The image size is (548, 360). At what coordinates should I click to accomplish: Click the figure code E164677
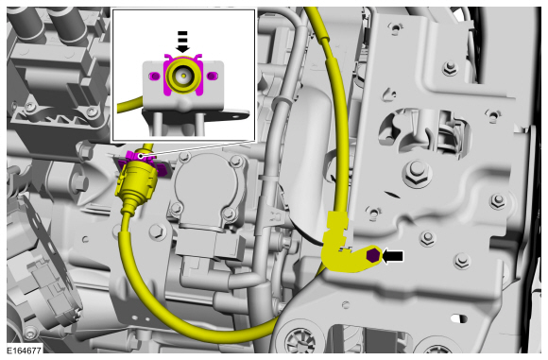pyautogui.click(x=25, y=350)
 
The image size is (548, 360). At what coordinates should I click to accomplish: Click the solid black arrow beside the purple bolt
pyautogui.click(x=393, y=256)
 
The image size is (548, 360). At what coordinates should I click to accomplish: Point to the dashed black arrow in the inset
pyautogui.click(x=182, y=42)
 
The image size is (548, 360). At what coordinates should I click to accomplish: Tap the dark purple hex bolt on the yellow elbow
pyautogui.click(x=372, y=255)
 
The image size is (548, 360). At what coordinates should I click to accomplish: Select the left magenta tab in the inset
pyautogui.click(x=154, y=76)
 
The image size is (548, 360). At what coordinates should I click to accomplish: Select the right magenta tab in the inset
pyautogui.click(x=212, y=76)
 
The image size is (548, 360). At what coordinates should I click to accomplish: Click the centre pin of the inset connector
pyautogui.click(x=183, y=76)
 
